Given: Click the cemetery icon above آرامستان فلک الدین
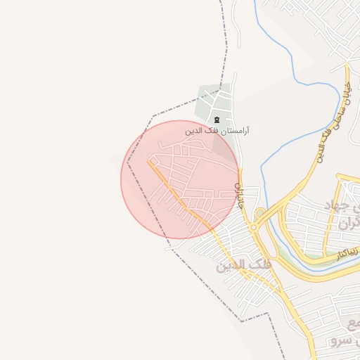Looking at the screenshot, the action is [217, 119].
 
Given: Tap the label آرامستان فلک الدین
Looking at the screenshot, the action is [218, 131].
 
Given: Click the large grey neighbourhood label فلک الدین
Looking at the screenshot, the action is [243, 266].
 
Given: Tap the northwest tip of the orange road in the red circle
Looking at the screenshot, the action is [149, 161].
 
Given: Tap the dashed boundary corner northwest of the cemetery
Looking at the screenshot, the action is [153, 115].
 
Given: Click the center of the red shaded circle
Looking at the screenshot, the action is [180, 179].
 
